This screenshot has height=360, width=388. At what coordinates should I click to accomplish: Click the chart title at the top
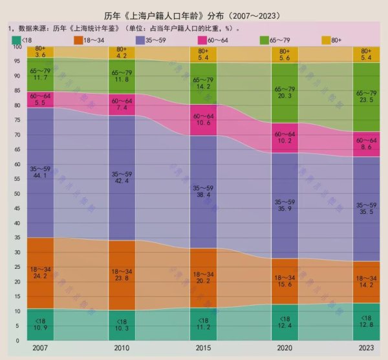[x=195, y=15]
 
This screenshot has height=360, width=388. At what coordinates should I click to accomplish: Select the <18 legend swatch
[x=16, y=40]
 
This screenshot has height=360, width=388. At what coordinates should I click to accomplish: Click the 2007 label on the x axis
[x=40, y=348]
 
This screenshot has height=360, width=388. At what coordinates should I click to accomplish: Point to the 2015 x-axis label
[x=203, y=348]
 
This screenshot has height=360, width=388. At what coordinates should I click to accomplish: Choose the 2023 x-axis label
[x=366, y=348]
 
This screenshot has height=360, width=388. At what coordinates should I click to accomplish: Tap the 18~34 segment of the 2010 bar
[x=122, y=275]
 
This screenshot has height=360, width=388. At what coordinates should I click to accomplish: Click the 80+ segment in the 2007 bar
[x=40, y=52]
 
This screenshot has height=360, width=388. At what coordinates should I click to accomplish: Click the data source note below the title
[x=123, y=28]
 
